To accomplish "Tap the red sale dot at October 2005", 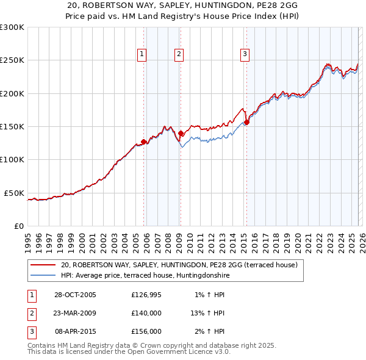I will click(x=144, y=142).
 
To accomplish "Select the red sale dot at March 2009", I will click(x=181, y=133).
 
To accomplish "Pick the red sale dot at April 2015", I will click(x=246, y=122).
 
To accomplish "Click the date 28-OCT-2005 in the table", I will click(x=75, y=295).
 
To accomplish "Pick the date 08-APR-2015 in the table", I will click(x=75, y=331).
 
